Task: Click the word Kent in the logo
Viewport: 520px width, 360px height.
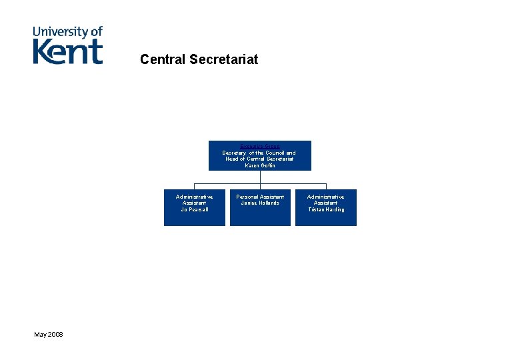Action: click(x=68, y=51)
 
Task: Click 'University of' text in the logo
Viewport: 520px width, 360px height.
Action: click(x=68, y=31)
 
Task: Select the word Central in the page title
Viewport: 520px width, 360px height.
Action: click(x=163, y=59)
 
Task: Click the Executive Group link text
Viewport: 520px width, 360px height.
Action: click(x=259, y=146)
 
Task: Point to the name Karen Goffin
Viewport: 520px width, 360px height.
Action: click(x=259, y=165)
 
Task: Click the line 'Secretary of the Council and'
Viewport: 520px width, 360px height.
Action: click(x=259, y=153)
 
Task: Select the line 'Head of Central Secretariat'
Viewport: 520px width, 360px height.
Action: click(x=259, y=159)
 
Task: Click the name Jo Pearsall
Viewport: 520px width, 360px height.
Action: click(x=194, y=209)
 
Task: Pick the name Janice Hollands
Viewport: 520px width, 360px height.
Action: click(x=260, y=203)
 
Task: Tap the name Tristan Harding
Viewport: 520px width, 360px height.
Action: click(x=326, y=209)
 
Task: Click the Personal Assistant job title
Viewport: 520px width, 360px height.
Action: click(x=260, y=197)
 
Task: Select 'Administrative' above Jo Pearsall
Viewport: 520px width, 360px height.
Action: click(x=194, y=197)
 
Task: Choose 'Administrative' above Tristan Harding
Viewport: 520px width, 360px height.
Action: click(x=326, y=197)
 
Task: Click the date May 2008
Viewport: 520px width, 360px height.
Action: click(x=49, y=333)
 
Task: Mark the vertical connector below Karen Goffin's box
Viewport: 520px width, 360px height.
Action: click(x=260, y=177)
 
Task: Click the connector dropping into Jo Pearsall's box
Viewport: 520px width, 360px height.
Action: click(x=194, y=186)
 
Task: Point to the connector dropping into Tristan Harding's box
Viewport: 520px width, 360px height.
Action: click(x=326, y=186)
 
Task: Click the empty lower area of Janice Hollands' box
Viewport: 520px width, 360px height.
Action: click(x=260, y=217)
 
